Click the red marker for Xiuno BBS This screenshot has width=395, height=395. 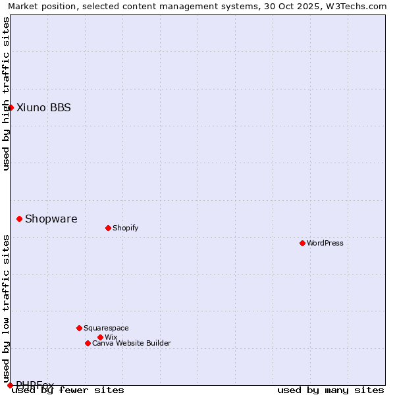coord(11,107)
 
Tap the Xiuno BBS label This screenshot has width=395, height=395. coord(43,108)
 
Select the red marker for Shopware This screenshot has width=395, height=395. coord(20,219)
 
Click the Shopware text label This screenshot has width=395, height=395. coord(51,219)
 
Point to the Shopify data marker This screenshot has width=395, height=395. coord(108,228)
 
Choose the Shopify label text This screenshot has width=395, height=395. coord(125,228)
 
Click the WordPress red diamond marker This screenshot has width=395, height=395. coord(302,243)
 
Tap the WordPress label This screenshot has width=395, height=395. coord(325,244)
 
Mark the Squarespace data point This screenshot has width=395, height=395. coord(79,328)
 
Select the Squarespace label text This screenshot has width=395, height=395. coord(106,329)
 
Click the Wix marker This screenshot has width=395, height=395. coord(100,337)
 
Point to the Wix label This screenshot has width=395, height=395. coord(111,338)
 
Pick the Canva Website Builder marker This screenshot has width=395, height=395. coord(88,343)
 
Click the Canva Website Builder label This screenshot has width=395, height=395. coord(131,344)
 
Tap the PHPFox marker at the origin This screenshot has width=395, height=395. coord(11,385)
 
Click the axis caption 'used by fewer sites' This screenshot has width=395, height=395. coord(68,390)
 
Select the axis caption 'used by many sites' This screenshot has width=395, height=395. coord(330,390)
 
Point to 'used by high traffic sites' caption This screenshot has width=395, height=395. coord(6,93)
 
